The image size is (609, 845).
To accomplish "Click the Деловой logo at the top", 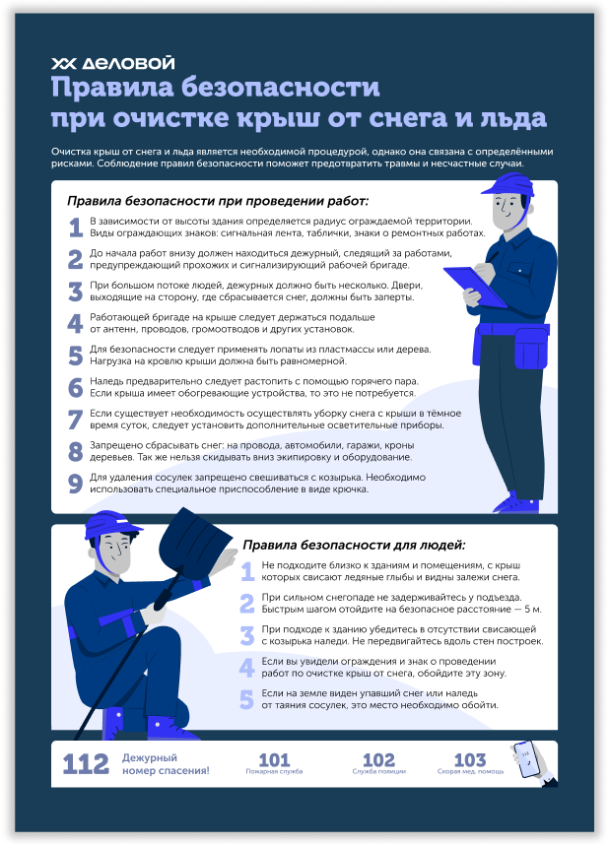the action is [x=112, y=63].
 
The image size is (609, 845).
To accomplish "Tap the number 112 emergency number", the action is [x=85, y=764].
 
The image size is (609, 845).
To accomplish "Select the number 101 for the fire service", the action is [x=274, y=760].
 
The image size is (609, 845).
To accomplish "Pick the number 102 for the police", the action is [x=378, y=760].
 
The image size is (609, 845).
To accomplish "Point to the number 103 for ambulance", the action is [x=470, y=760].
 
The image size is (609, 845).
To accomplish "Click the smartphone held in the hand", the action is [x=526, y=758].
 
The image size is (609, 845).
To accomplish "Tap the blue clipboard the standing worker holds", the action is [x=476, y=287].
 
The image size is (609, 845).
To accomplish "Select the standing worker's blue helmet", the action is [x=508, y=184].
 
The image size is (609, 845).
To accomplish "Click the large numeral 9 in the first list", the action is [x=75, y=484].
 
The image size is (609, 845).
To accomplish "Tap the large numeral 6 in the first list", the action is [x=75, y=387].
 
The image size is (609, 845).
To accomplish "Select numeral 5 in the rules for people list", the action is [x=246, y=699].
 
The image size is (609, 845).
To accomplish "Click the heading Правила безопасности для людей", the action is [x=354, y=545].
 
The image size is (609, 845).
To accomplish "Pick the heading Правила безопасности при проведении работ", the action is [x=218, y=201].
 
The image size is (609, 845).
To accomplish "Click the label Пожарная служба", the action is [x=274, y=772].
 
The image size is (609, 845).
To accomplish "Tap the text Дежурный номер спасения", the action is [x=166, y=764].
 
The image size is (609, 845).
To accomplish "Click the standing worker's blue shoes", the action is [x=516, y=505].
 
